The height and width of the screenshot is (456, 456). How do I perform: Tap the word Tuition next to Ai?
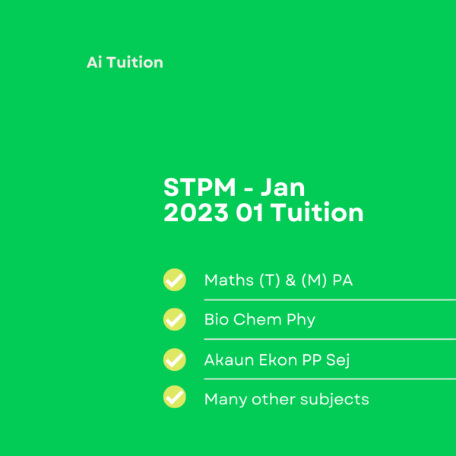tap(135, 62)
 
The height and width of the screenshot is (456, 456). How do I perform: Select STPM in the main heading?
tap(199, 188)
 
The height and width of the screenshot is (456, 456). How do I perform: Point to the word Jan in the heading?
tap(283, 188)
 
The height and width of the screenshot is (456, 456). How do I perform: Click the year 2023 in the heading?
tap(196, 213)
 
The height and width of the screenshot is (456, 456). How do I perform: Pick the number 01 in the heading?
tap(250, 213)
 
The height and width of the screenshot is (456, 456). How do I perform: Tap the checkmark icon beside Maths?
tap(175, 280)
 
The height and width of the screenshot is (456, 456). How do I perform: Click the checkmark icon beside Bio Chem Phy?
tap(175, 319)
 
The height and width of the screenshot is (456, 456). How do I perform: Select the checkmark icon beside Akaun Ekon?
tap(175, 359)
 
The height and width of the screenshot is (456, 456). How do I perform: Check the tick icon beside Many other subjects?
tap(175, 397)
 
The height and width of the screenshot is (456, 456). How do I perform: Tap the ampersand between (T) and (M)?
tap(290, 280)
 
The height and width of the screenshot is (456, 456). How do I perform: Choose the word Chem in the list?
tap(258, 319)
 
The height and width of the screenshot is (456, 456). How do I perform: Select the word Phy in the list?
tap(301, 321)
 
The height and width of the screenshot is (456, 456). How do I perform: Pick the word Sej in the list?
tap(337, 361)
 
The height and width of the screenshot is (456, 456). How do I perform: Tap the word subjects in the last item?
tap(334, 400)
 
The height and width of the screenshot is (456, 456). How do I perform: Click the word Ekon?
tap(278, 359)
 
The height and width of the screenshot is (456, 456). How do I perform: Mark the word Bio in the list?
tap(217, 319)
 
